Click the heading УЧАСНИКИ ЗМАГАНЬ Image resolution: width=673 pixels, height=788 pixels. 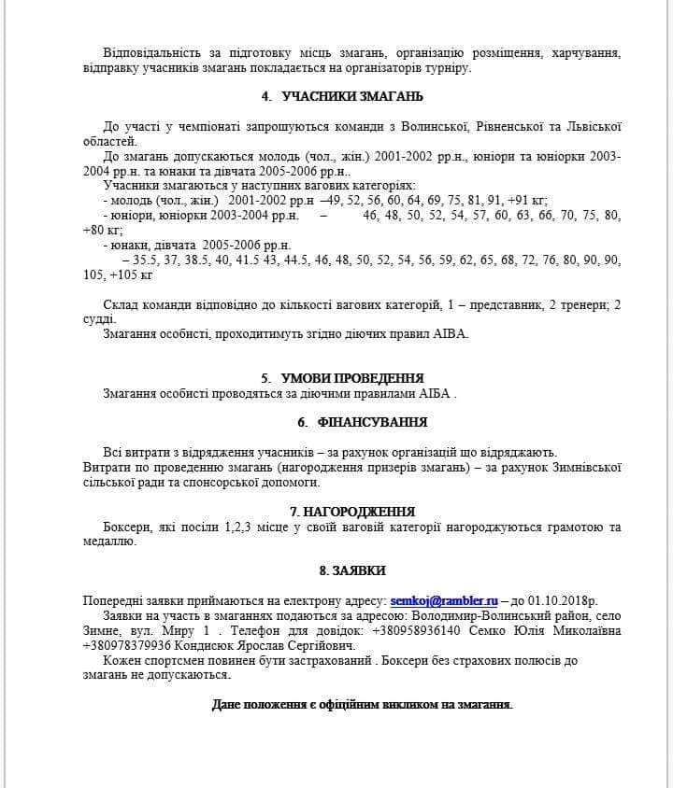352,96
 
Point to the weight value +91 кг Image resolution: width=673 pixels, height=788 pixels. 527,199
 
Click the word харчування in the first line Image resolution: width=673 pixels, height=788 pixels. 586,52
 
